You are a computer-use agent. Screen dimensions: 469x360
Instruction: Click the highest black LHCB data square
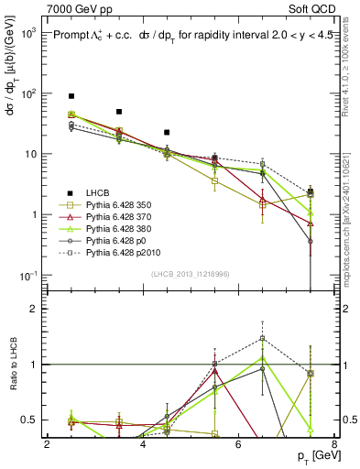[71, 96]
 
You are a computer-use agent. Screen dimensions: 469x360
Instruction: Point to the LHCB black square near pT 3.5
[119, 112]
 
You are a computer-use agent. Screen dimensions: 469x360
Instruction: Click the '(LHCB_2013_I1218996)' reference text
[191, 276]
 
